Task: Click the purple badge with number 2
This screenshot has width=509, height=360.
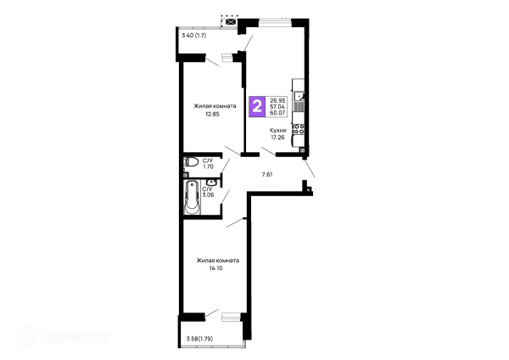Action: click(x=255, y=106)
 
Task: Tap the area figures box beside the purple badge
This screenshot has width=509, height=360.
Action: click(x=277, y=106)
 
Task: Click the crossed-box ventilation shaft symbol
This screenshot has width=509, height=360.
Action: click(x=227, y=18)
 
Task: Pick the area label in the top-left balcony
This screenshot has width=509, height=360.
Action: click(x=194, y=35)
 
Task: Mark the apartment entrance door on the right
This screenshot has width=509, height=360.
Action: click(x=312, y=177)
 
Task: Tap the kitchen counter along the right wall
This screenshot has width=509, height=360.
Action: click(x=299, y=115)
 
